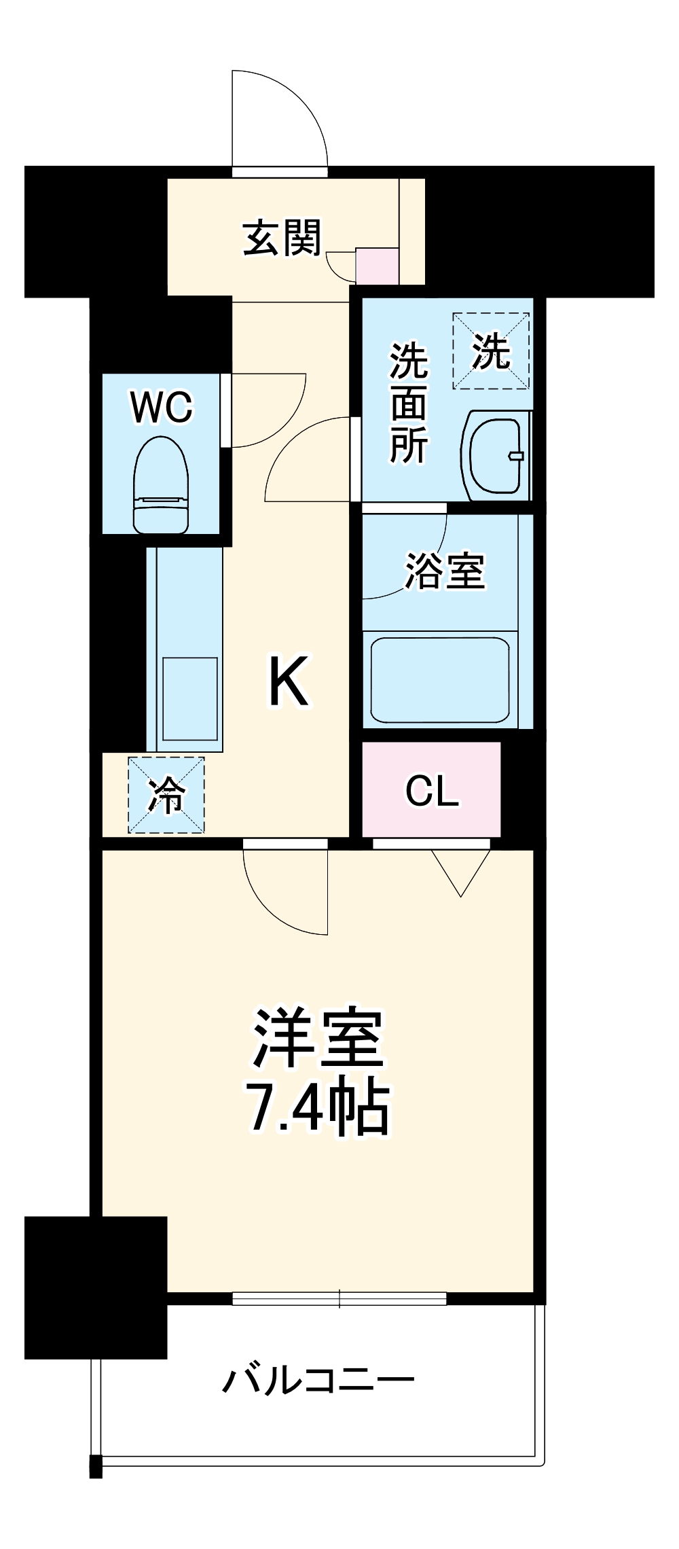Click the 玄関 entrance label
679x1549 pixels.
point(282,238)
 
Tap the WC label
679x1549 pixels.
point(162,408)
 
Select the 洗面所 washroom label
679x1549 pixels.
point(409,404)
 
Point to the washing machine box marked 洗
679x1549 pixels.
point(491,351)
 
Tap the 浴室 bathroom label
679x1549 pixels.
point(445,571)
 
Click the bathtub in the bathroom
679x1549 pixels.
point(440,679)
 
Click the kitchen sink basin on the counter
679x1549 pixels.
point(190,698)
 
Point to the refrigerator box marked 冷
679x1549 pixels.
point(166,794)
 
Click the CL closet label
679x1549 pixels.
point(432,791)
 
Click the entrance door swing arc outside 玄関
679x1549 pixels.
point(285,115)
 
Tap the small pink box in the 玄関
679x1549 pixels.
point(378,266)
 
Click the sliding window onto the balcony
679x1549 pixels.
point(339,1298)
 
